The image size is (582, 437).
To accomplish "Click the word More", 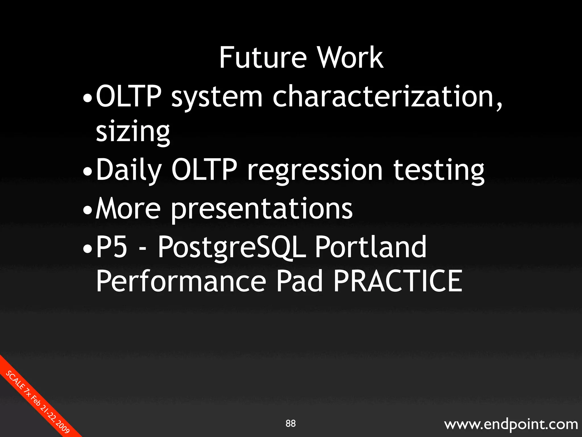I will (x=128, y=209).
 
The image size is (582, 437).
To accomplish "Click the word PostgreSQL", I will (x=232, y=248).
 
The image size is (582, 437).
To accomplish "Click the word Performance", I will (x=181, y=282).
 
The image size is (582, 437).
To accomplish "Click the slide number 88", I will (x=290, y=423).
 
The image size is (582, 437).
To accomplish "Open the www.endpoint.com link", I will (x=511, y=424).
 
